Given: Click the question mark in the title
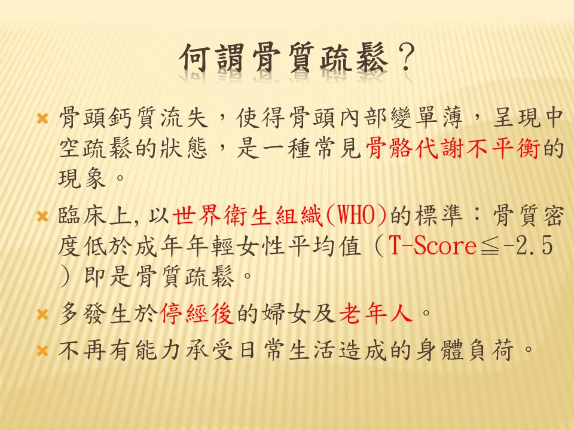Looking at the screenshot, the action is click(x=407, y=58).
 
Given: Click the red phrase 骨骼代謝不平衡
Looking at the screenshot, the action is click(x=453, y=149).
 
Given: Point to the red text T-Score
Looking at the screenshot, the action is click(x=432, y=245).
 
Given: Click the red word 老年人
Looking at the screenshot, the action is click(x=376, y=314).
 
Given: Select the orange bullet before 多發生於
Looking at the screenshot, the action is click(x=42, y=315).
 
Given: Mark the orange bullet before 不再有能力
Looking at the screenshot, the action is click(x=42, y=351).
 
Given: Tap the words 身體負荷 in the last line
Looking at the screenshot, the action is click(x=466, y=349).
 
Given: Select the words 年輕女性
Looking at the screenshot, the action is click(x=235, y=245).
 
